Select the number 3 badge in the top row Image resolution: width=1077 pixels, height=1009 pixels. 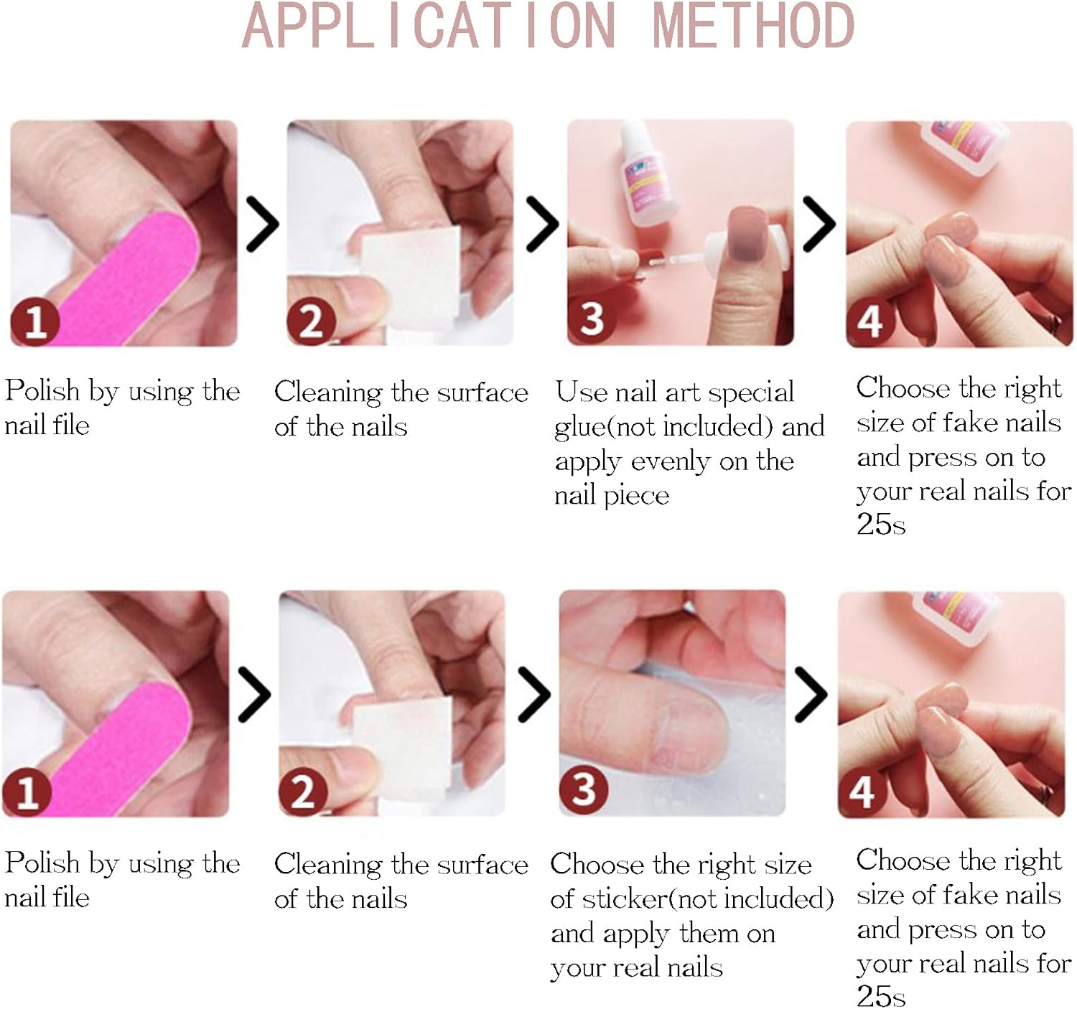tap(592, 319)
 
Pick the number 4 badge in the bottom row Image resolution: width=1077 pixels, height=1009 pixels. tap(862, 792)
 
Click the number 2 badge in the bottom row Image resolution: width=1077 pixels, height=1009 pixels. tap(303, 792)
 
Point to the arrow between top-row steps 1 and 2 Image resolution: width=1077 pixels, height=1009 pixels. tap(262, 224)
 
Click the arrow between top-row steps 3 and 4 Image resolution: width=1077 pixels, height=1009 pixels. tap(819, 224)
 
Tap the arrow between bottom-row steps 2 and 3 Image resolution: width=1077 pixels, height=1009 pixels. tap(533, 694)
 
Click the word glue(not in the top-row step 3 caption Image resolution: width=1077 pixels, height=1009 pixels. tap(606, 427)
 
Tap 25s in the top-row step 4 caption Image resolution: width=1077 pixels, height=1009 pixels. tap(881, 525)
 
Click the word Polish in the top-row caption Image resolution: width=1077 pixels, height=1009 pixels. tap(42, 391)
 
